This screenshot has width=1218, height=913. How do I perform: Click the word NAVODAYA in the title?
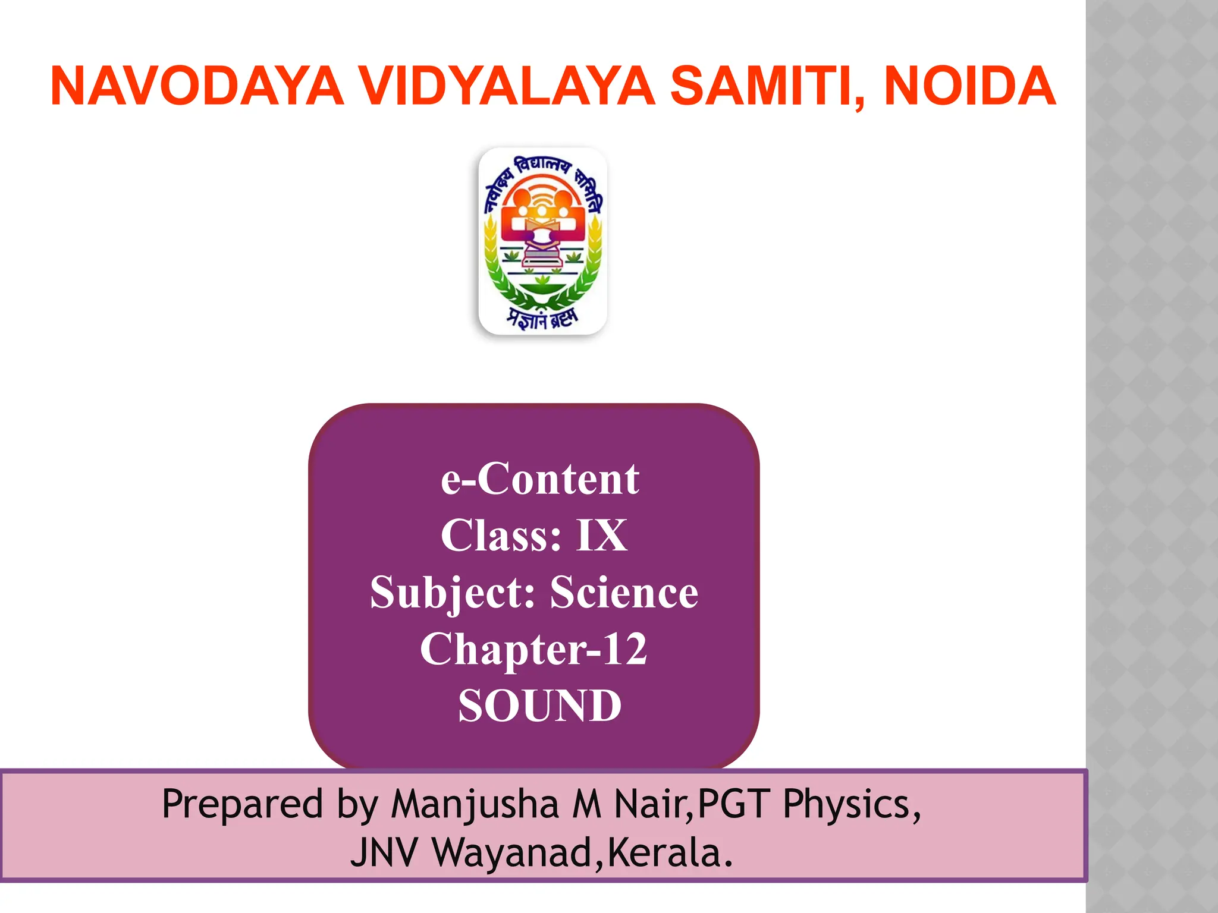197,87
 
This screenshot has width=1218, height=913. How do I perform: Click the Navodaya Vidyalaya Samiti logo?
542,241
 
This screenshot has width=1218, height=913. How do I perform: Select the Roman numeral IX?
601,536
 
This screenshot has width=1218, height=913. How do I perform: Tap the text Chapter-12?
533,649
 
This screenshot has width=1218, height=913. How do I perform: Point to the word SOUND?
539,706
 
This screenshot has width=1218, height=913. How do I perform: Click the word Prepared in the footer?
242,804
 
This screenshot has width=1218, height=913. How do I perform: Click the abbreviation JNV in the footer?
384,853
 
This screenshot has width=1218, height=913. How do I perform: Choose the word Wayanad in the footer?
511,853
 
